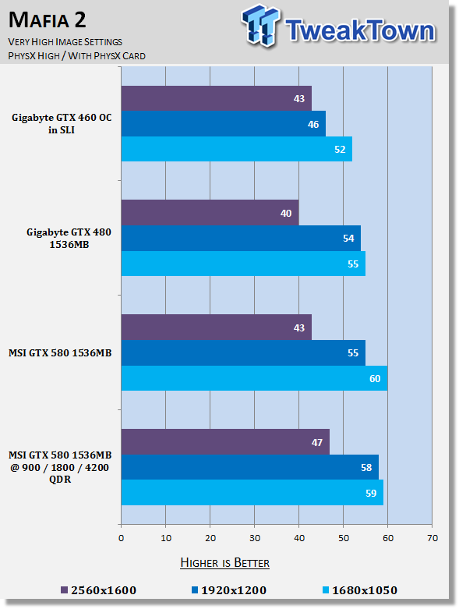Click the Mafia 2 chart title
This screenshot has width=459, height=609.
47,19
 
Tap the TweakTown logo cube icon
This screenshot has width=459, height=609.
261,26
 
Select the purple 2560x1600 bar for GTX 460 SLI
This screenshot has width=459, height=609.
217,98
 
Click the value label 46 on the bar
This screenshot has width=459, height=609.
313,124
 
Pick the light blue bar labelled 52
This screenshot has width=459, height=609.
237,149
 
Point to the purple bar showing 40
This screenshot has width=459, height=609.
210,213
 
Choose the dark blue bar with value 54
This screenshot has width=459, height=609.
241,238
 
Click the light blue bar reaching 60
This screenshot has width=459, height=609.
255,378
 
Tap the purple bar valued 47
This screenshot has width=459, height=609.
225,442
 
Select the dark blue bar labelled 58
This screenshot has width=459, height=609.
250,467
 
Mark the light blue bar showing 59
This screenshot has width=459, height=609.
252,493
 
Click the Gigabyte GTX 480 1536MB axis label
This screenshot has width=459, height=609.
69,238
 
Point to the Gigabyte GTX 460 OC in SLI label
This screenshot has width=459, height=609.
62,123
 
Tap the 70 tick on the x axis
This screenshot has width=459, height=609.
433,538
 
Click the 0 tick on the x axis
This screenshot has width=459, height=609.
121,538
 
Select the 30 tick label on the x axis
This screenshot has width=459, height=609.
255,538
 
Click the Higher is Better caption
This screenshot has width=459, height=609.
224,563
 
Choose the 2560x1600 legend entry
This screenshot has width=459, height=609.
99,590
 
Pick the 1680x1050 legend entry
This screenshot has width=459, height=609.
360,590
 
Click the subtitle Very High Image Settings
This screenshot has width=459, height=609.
65,42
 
